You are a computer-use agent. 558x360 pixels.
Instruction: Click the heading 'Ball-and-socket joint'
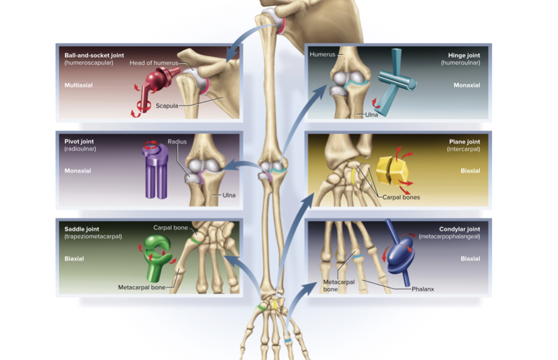[94, 55]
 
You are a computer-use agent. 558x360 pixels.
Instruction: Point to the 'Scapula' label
[167, 106]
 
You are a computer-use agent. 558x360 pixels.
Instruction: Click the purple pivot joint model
[156, 171]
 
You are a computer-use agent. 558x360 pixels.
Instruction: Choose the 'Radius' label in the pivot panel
[177, 142]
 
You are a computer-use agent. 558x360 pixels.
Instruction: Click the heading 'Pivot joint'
[79, 142]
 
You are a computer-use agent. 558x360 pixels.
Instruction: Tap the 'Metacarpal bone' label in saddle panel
[142, 287]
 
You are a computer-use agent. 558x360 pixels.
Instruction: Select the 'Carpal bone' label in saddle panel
[171, 227]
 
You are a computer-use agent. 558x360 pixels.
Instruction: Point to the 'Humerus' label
[322, 54]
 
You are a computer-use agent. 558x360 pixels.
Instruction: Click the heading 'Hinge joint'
[464, 55]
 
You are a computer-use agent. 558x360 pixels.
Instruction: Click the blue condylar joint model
[400, 254]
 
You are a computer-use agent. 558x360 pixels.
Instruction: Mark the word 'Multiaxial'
[79, 85]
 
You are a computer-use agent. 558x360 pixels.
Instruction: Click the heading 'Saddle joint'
[82, 229]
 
